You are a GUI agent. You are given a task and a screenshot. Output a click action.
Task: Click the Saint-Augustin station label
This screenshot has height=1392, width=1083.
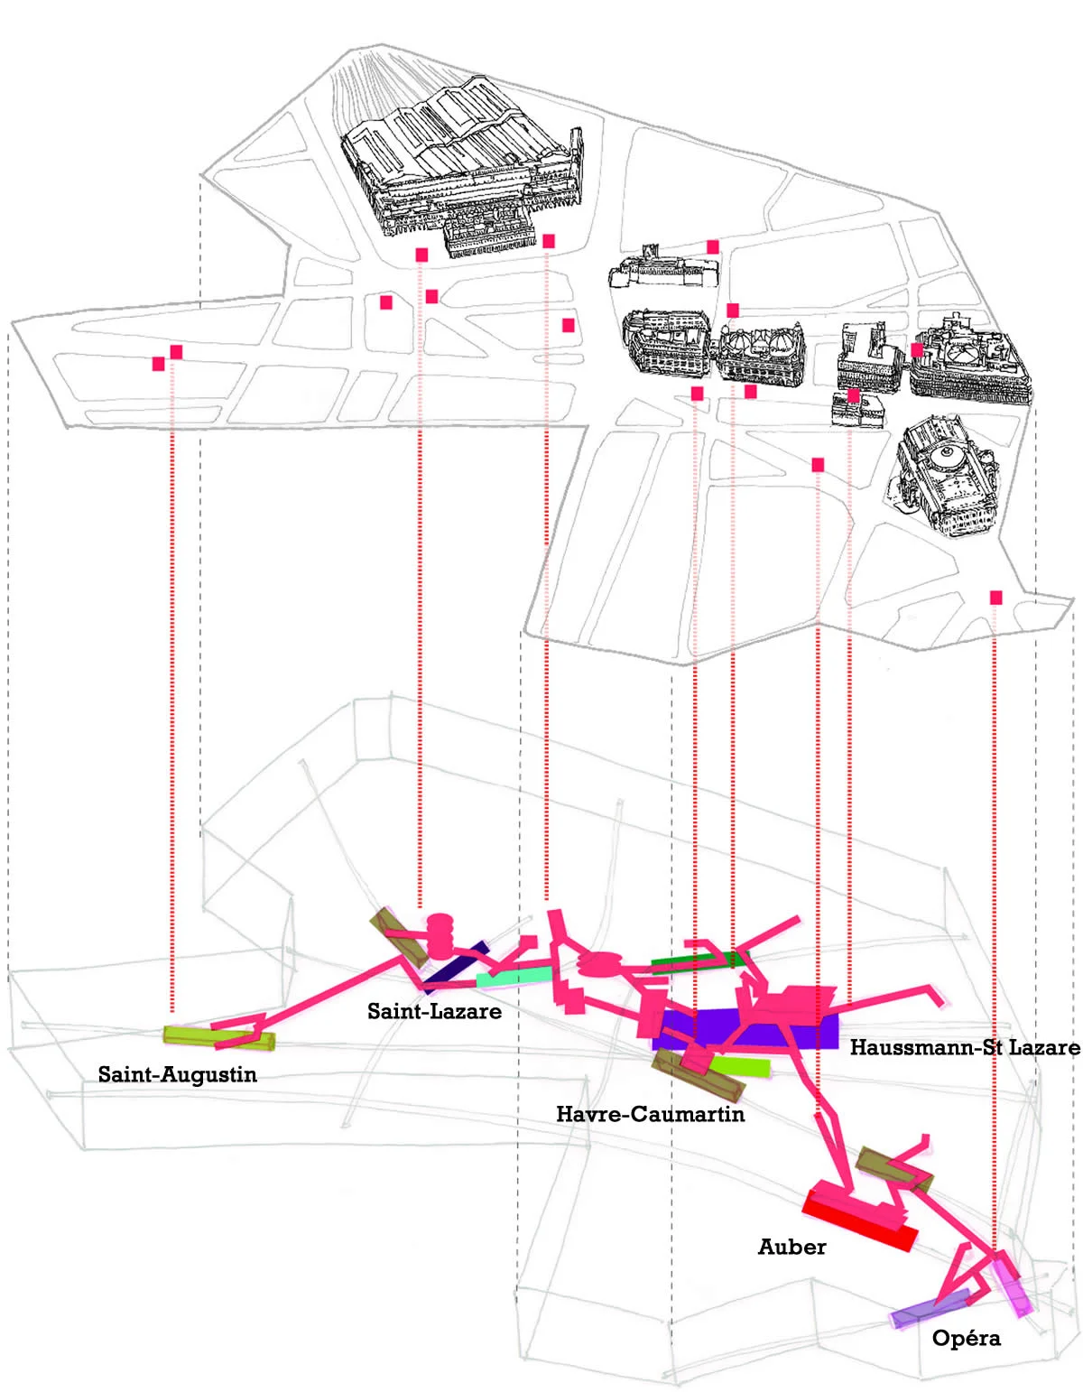[x=178, y=1074]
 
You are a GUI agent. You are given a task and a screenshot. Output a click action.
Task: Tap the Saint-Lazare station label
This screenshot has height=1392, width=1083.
[x=434, y=1011]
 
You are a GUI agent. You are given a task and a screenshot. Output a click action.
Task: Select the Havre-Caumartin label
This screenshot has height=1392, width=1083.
[x=650, y=1114]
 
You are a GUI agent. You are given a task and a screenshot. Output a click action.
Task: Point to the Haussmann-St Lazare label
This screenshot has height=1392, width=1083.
[x=964, y=1047]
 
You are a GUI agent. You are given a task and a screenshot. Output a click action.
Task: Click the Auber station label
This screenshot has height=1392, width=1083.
[x=791, y=1247]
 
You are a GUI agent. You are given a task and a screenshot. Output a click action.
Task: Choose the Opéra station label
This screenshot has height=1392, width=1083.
[x=966, y=1338]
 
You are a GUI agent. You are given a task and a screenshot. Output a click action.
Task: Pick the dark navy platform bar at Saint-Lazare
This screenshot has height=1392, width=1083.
[x=456, y=966]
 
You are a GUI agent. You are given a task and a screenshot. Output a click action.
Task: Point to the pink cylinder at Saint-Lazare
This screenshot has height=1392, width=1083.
[x=440, y=935]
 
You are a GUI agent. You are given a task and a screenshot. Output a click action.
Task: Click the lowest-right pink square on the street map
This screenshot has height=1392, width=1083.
[x=995, y=598]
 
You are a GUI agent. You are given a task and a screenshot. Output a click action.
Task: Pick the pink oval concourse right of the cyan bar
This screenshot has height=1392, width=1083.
[x=599, y=965]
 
